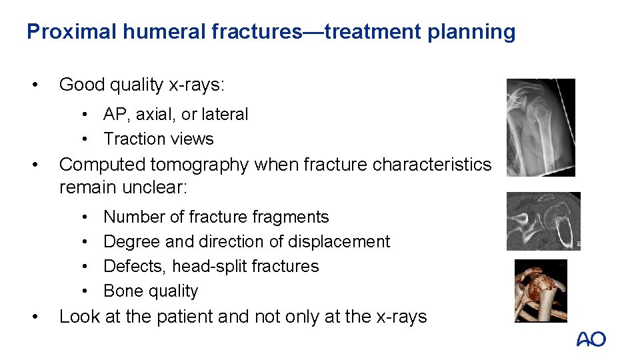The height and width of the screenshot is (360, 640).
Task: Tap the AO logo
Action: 591,339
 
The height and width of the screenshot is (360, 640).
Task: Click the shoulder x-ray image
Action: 540,127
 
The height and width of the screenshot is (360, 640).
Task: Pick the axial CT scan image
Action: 543,221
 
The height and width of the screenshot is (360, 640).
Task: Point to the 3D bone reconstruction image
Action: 541,290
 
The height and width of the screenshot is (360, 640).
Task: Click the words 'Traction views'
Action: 159,139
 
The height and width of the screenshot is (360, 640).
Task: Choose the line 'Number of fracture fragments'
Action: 216,217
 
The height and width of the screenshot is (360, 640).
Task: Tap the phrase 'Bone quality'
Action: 151,291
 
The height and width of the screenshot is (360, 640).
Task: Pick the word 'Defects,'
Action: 135,266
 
